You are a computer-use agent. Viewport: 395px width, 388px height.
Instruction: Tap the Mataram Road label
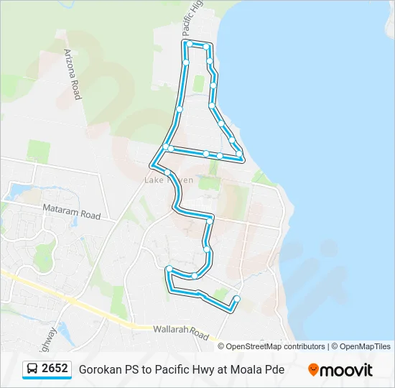70,214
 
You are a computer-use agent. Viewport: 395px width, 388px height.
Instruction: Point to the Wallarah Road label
180,333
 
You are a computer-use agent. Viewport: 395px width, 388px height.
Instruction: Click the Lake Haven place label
169,180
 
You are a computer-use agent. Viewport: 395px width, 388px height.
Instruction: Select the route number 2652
55,369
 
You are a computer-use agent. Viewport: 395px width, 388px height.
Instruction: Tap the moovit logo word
346,370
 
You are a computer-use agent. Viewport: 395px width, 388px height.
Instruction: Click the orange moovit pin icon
313,370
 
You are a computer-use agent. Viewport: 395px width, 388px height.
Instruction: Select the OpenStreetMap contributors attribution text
276,346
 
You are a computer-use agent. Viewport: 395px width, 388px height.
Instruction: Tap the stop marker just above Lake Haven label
167,172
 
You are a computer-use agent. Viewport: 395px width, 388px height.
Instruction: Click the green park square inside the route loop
199,83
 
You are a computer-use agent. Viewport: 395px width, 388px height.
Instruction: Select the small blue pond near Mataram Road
14,192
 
